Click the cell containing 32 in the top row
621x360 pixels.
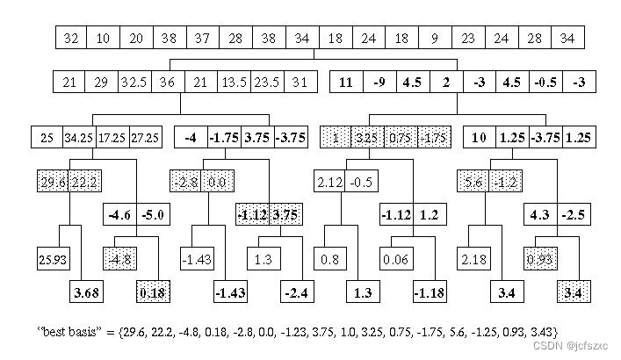click(x=71, y=38)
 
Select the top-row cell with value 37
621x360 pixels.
click(x=202, y=38)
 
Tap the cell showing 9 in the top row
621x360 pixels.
click(x=434, y=38)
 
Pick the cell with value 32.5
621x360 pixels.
click(x=135, y=83)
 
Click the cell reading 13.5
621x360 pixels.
click(x=234, y=83)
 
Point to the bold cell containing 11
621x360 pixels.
click(x=346, y=83)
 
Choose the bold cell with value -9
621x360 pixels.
click(x=379, y=83)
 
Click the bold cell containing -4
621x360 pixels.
click(x=190, y=138)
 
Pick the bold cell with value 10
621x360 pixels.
click(x=479, y=138)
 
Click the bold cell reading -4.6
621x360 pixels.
click(x=119, y=214)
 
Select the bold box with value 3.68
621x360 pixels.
click(x=87, y=292)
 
